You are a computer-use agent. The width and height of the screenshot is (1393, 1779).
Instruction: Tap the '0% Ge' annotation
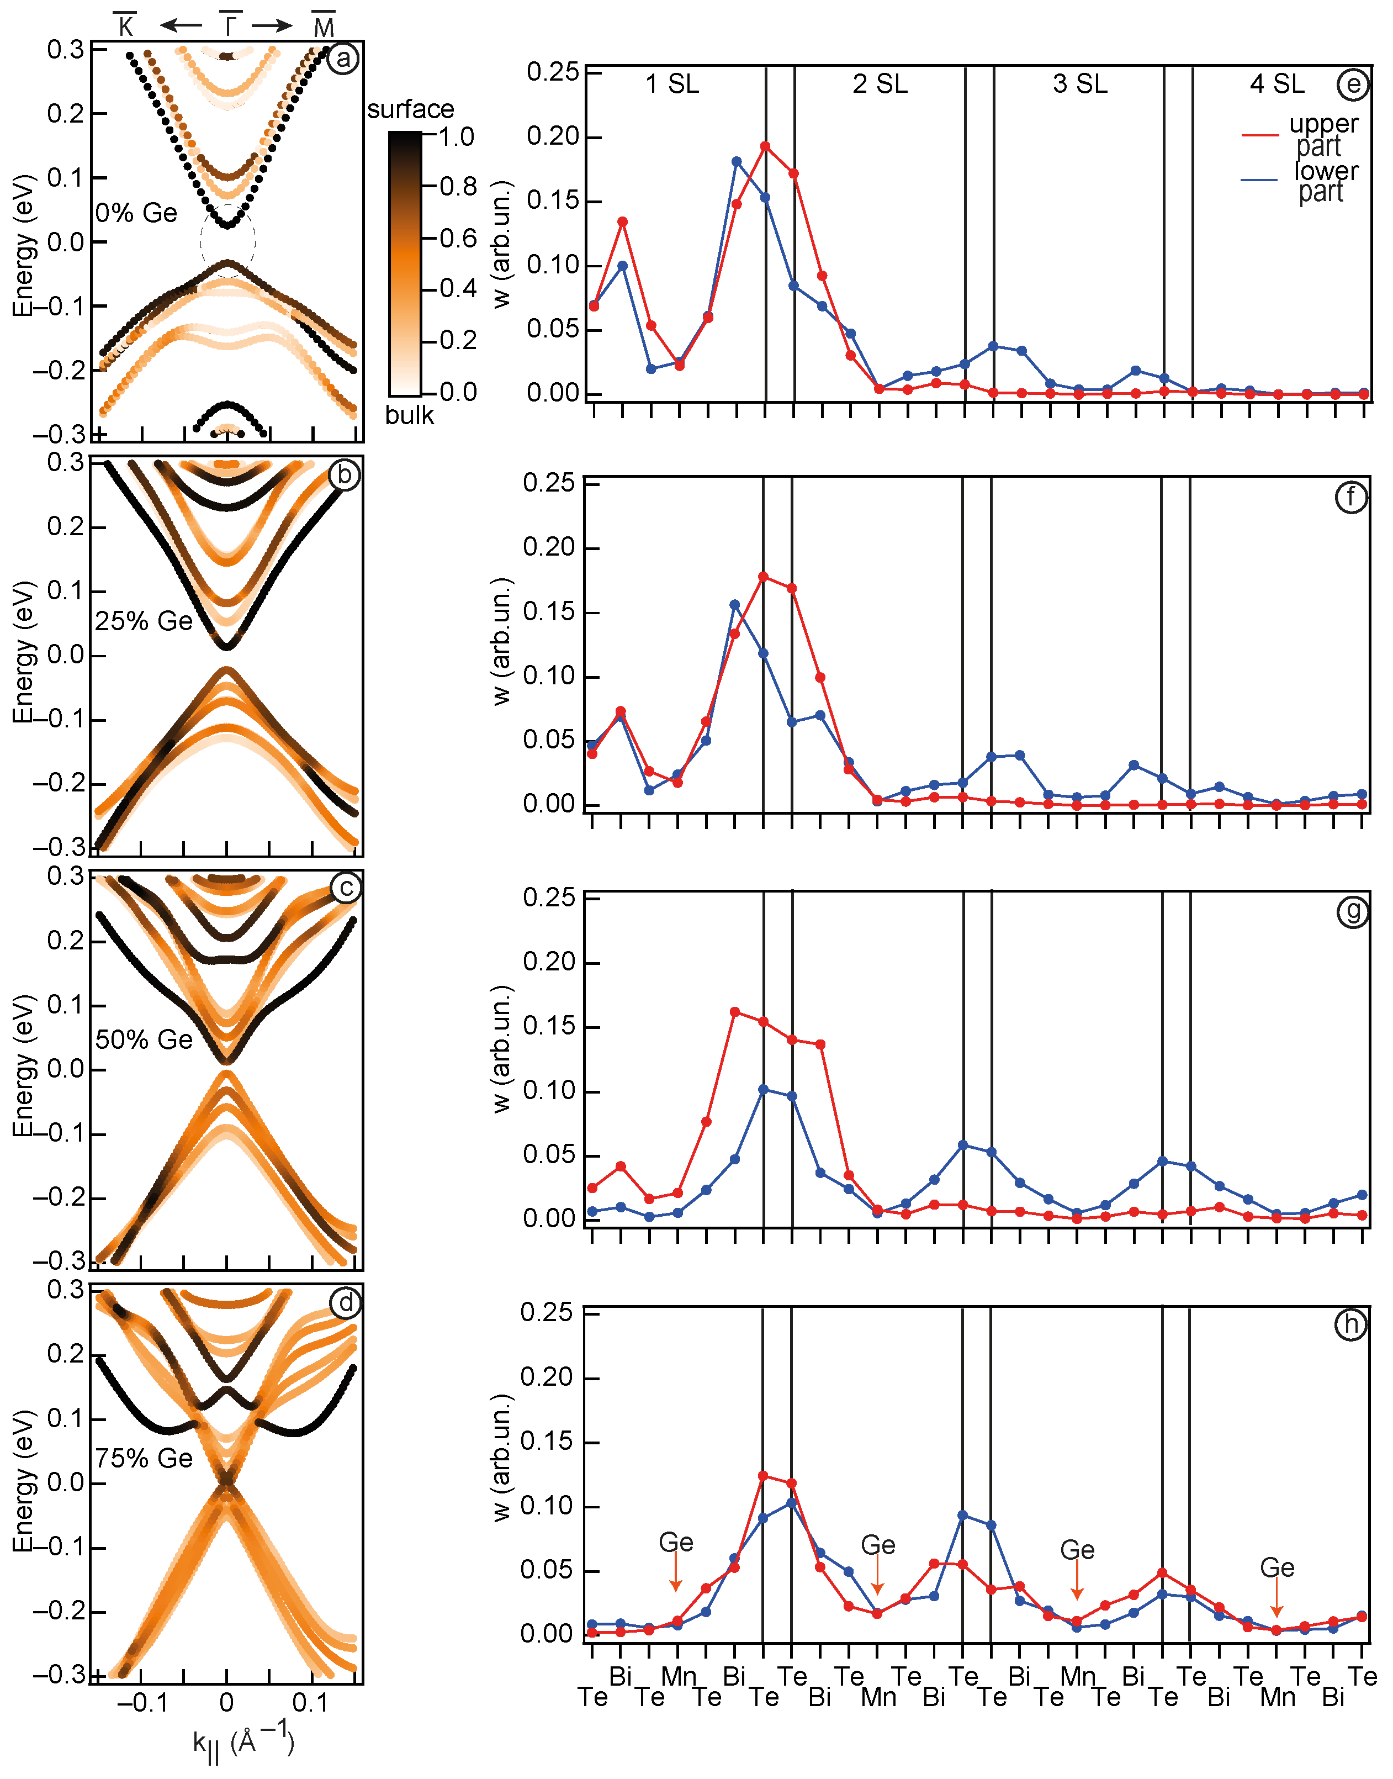[136, 214]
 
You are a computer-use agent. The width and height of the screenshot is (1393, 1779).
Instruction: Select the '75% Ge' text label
[144, 1458]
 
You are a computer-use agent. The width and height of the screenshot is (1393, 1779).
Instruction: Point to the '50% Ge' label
[144, 1039]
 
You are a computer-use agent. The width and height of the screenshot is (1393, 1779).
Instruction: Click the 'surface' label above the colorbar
[410, 109]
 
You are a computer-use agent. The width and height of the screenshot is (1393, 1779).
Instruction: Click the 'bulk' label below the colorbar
[410, 415]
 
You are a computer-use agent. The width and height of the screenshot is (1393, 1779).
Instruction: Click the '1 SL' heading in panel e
[672, 84]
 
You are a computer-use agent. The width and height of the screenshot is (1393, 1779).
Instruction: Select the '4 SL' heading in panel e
[1277, 84]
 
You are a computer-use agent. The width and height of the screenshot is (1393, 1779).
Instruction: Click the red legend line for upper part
[1260, 134]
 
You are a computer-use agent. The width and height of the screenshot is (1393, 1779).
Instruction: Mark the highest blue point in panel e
[737, 161]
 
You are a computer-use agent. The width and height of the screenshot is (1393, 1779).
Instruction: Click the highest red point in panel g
[735, 1011]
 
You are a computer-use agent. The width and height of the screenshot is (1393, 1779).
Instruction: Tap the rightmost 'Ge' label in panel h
[1277, 1567]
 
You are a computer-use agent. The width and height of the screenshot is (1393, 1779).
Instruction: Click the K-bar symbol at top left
[125, 26]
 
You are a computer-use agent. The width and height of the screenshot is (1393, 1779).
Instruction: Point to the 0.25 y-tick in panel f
[548, 483]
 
